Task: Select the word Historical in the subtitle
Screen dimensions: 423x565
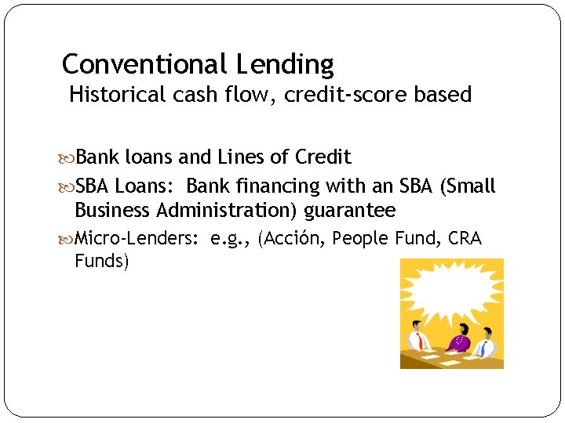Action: [118, 95]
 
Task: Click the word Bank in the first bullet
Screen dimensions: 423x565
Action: [97, 157]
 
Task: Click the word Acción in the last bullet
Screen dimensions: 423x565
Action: [292, 238]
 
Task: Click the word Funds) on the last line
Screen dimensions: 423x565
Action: [101, 260]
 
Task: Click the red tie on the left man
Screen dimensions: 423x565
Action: [421, 342]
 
